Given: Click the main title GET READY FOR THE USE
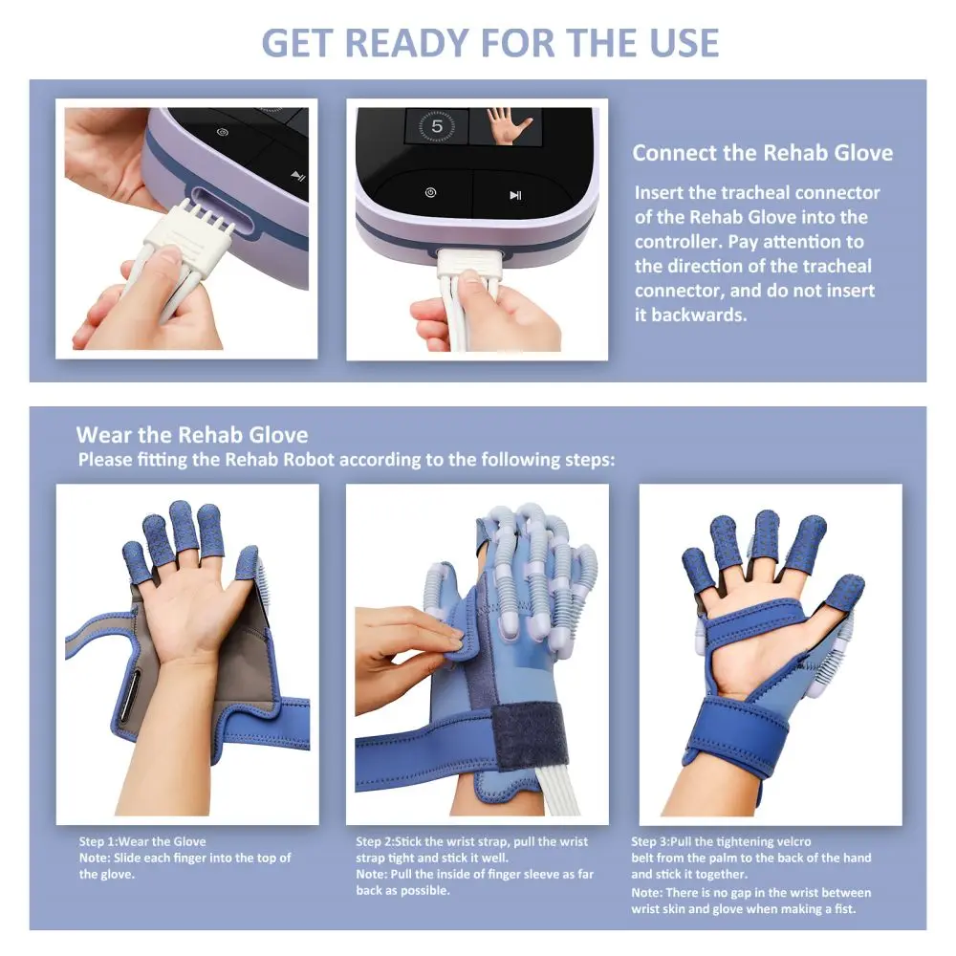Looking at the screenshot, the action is click(490, 43).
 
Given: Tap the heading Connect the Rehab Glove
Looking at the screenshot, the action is click(762, 152).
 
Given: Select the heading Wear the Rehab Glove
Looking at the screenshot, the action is click(192, 435).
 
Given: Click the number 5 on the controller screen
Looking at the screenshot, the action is click(437, 126).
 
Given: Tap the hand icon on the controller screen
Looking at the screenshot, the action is click(506, 125).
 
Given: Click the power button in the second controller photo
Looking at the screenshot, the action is click(430, 193).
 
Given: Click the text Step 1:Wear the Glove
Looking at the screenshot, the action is click(142, 841).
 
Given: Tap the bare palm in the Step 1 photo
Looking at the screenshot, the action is click(195, 616).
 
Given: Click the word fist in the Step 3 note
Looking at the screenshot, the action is click(844, 909).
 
